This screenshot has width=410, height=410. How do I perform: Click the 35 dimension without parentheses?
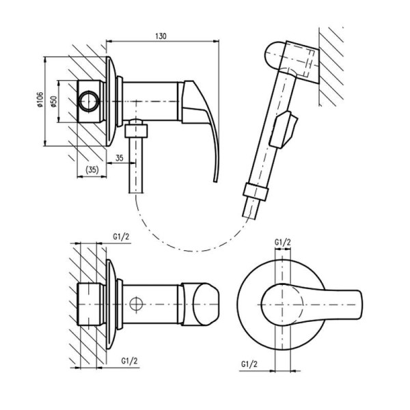click(x=120, y=159)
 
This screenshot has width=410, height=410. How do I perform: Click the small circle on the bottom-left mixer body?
click(x=137, y=303)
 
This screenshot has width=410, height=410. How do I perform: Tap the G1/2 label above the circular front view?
click(x=282, y=242)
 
